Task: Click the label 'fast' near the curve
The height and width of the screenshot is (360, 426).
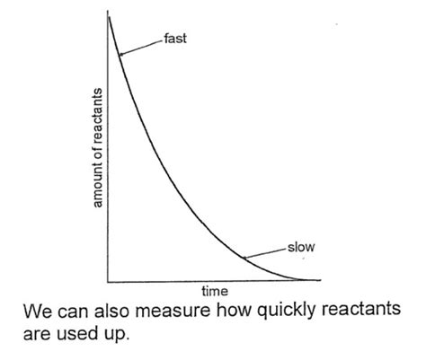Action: (176, 40)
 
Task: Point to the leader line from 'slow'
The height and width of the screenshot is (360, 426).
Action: (265, 251)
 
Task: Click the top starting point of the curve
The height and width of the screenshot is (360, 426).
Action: (110, 15)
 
